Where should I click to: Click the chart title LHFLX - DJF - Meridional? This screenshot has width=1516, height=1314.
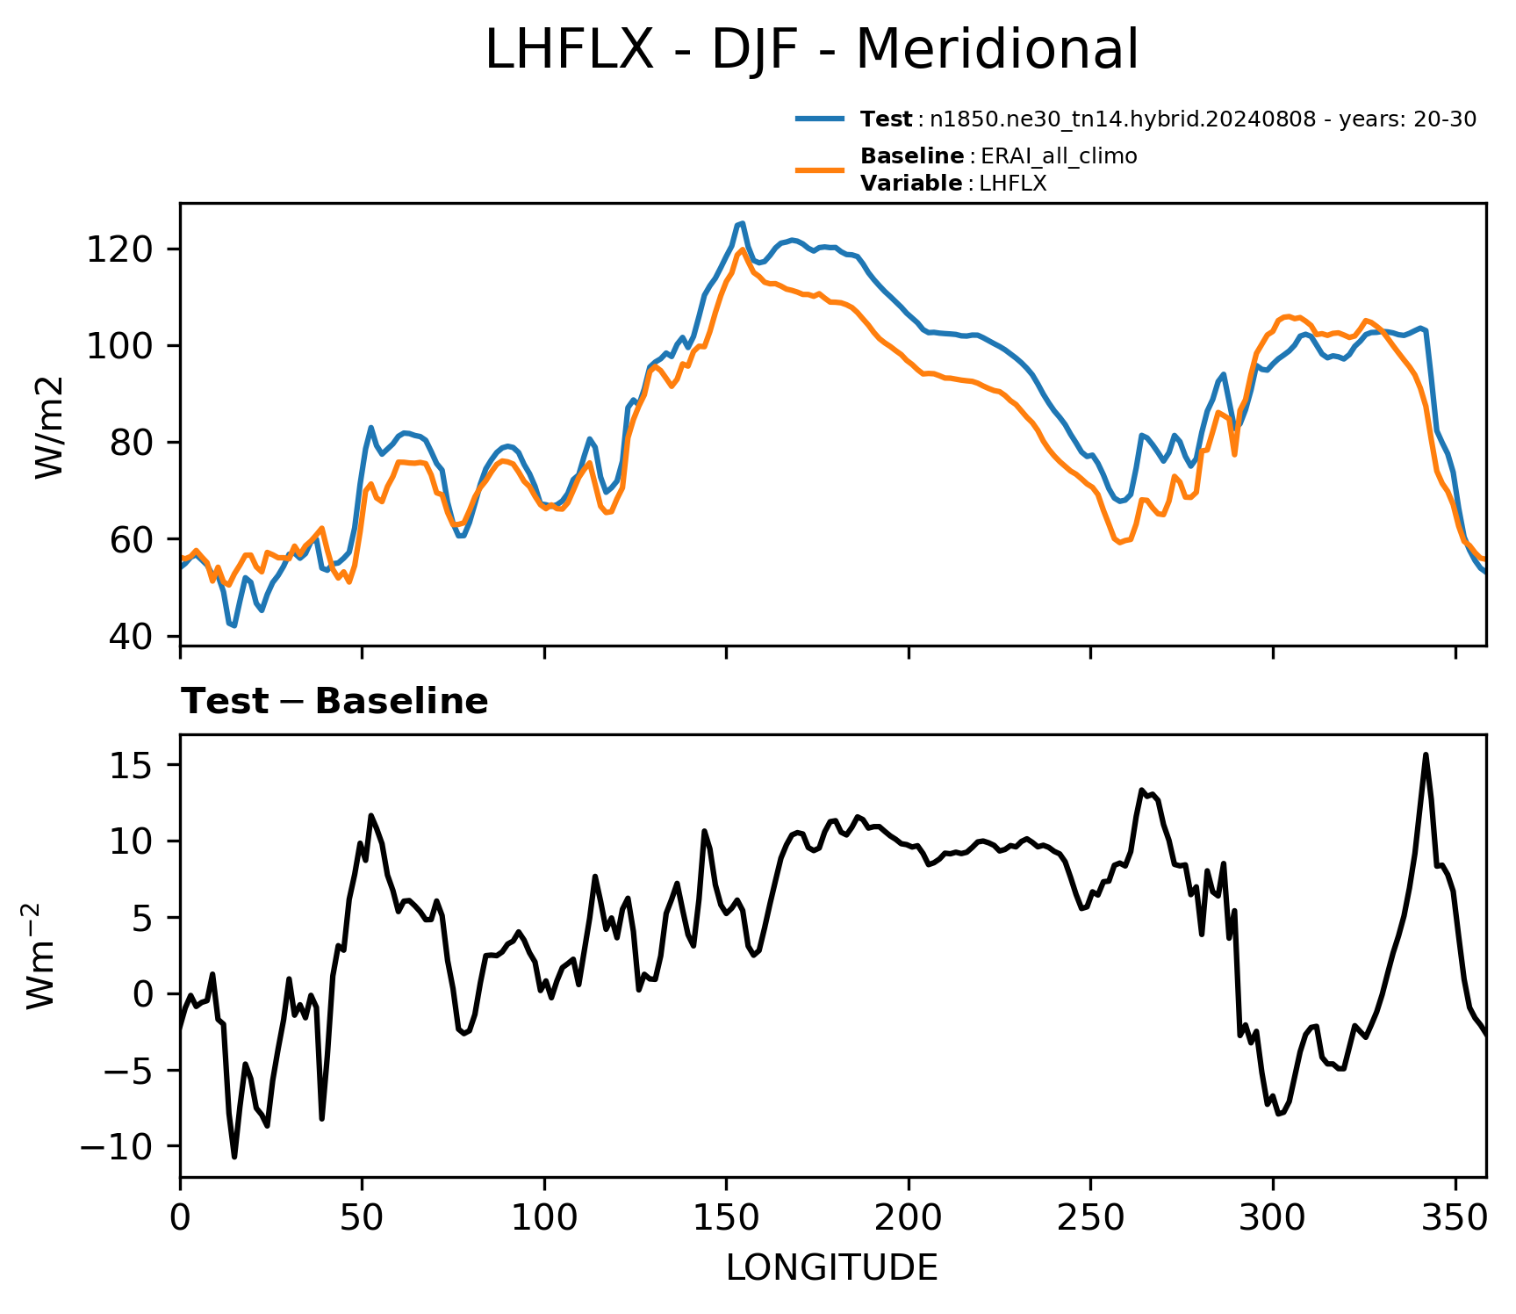coord(811,49)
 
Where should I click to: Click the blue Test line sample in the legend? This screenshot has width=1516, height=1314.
coord(820,119)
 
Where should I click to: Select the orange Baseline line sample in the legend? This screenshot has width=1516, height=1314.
coord(820,170)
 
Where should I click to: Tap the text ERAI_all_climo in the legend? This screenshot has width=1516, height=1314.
coord(1059,156)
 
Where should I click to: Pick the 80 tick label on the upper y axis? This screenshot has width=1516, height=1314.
coord(131,443)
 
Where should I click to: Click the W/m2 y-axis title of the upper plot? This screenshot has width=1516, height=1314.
coord(50,427)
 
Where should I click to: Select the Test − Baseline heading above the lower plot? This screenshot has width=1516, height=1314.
coord(334,702)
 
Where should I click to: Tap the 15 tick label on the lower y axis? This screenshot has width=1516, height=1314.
coord(132,766)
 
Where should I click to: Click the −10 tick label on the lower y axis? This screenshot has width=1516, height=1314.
coord(117,1146)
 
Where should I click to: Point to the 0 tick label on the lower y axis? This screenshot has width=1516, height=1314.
coord(143,994)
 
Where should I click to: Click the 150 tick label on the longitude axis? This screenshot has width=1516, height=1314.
coord(726,1218)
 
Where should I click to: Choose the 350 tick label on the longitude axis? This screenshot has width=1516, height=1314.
coord(1455,1218)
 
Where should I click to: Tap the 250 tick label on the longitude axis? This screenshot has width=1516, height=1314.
coord(1091,1218)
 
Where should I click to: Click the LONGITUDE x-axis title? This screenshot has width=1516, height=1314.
coord(832,1268)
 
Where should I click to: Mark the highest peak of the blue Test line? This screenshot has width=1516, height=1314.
coord(742,223)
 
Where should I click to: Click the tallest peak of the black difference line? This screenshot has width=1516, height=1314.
coord(1426,754)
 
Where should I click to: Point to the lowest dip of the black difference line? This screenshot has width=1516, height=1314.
coord(234,1157)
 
